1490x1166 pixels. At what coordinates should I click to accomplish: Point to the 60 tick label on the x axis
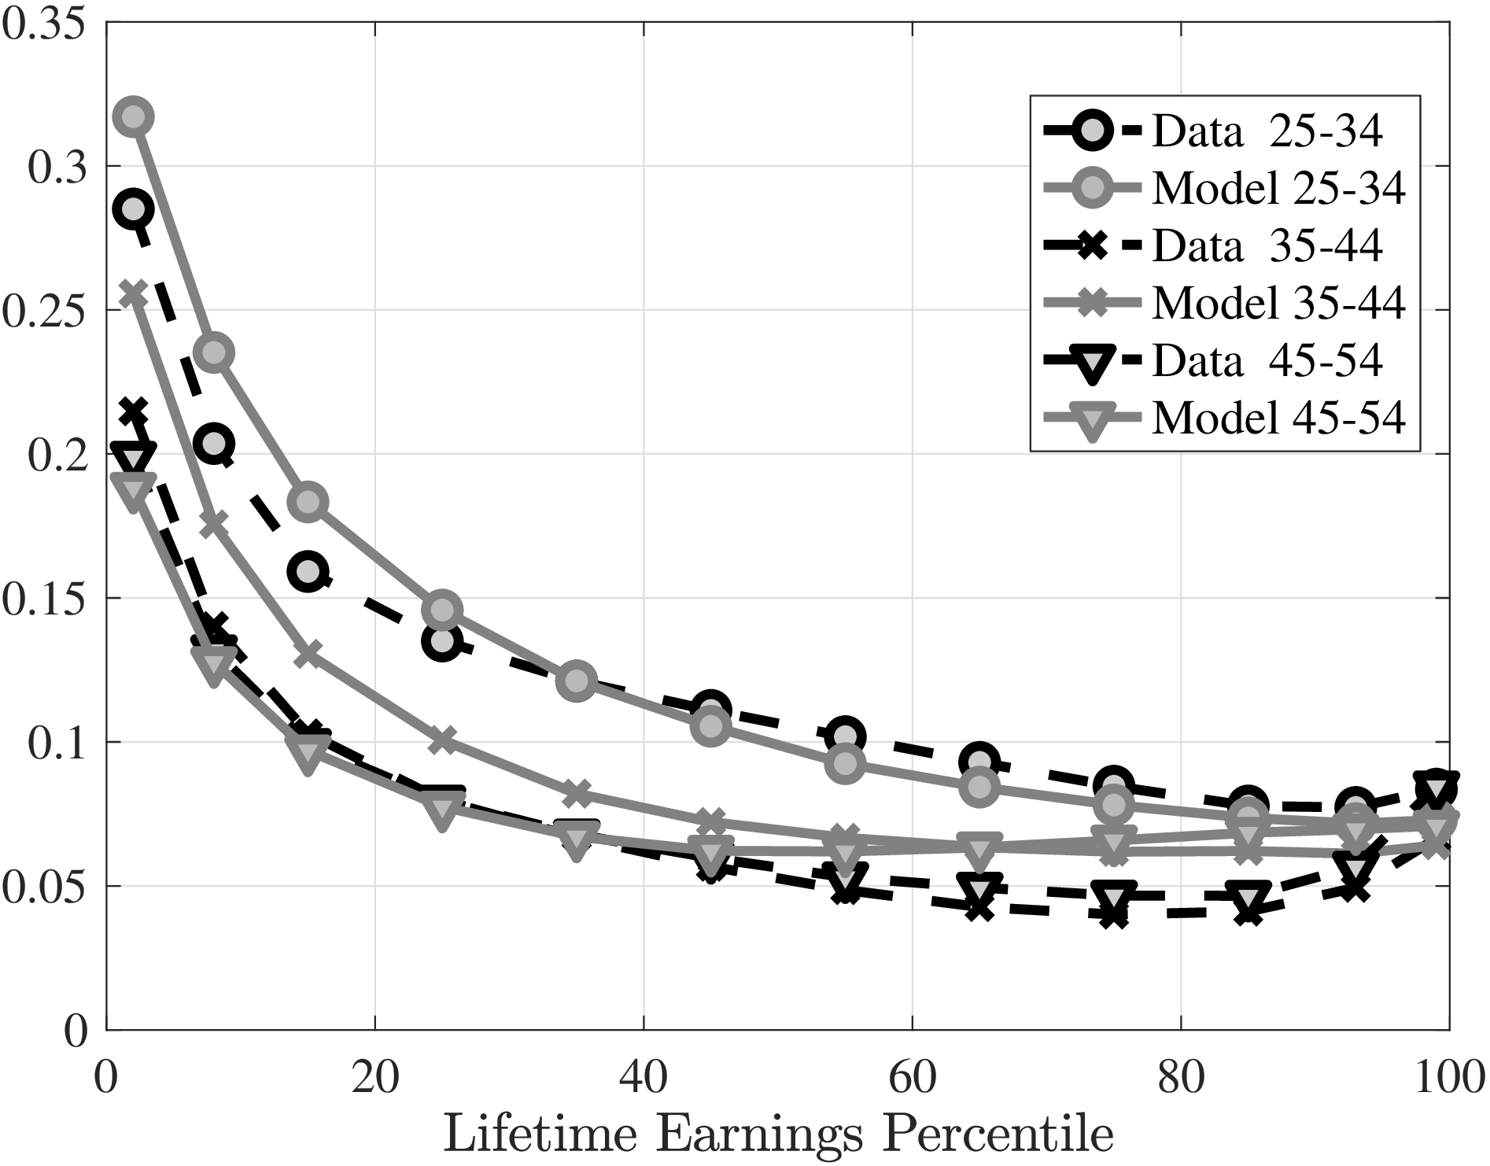point(912,1079)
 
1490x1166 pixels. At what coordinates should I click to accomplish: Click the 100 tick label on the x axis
point(1448,1079)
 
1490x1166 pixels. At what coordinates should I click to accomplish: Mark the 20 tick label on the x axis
point(375,1079)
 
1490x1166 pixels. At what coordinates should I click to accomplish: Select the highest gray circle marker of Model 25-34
point(134,117)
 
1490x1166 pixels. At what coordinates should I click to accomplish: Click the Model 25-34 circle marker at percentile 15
point(308,502)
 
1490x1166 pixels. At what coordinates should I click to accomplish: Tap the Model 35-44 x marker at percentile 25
point(442,740)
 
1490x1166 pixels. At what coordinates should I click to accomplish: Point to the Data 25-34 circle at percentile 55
point(845,736)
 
